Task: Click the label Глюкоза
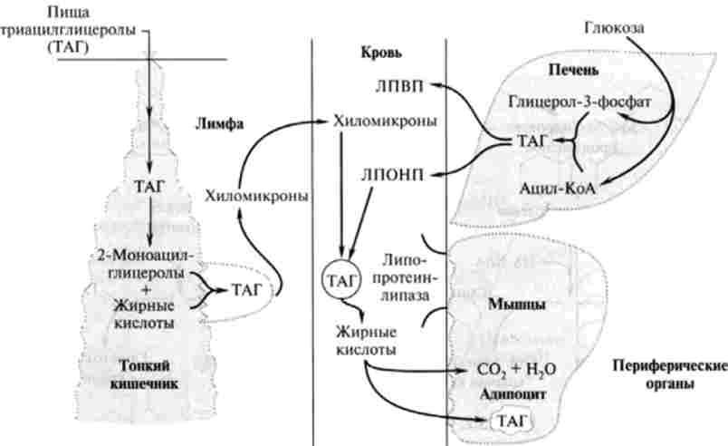(613, 28)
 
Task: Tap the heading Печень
(573, 70)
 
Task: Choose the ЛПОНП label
(399, 172)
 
